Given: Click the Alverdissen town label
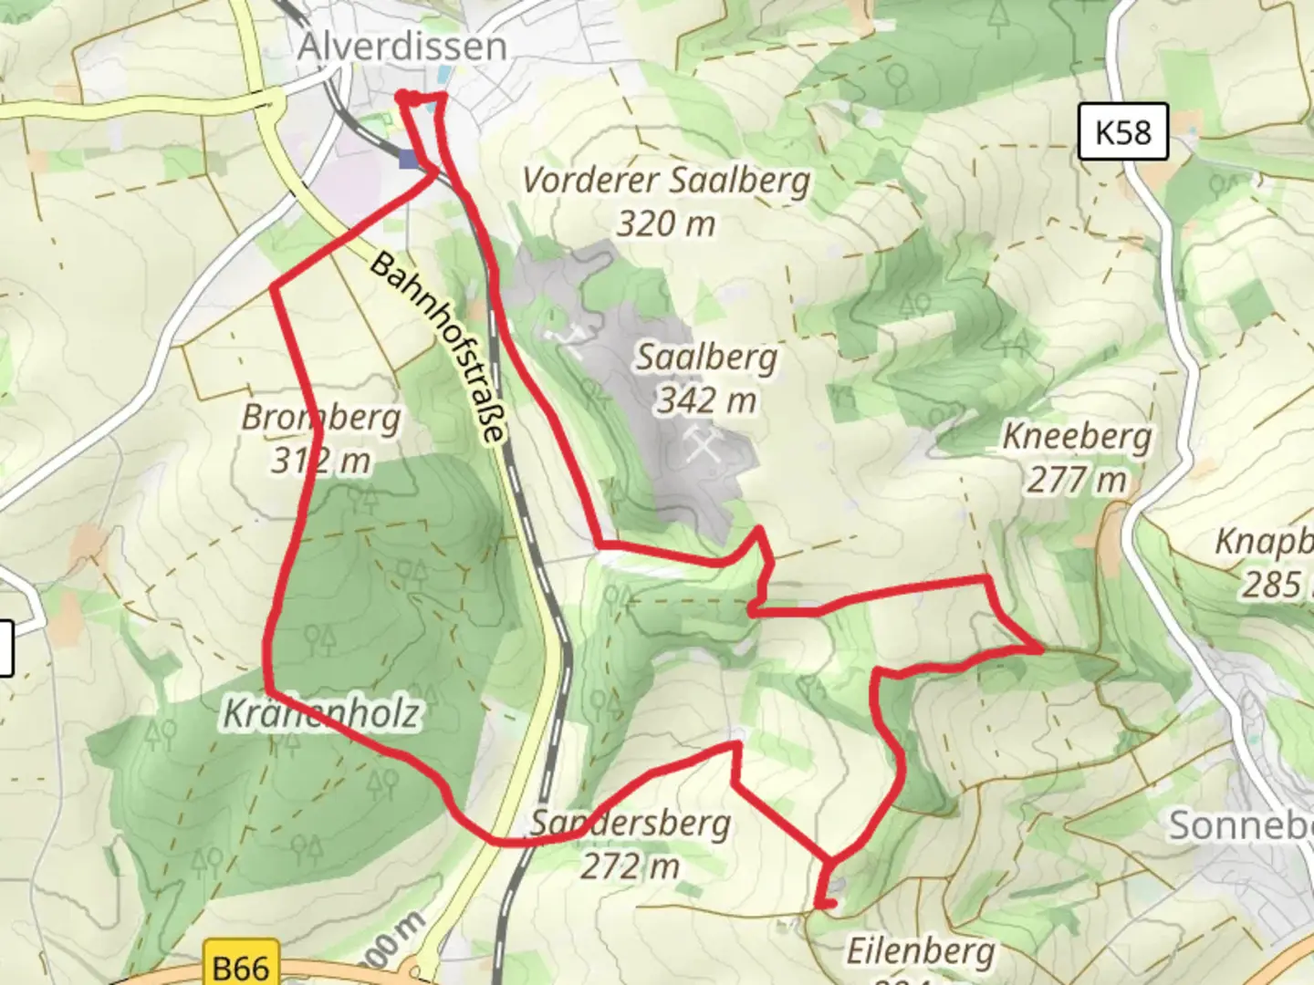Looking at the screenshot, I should (x=401, y=46).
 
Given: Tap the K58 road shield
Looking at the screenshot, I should (x=1122, y=132).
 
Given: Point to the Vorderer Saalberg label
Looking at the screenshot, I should (x=666, y=180).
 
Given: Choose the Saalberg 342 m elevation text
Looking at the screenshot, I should (x=707, y=399).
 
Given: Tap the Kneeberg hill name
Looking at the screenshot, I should (x=1077, y=436).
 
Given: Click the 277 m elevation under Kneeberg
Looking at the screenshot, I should (x=1077, y=480).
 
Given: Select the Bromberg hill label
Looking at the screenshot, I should (x=321, y=418).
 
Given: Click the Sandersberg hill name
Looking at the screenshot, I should (x=631, y=824).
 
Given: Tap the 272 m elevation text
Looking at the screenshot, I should (x=631, y=866).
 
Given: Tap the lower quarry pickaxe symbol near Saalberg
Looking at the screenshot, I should (x=704, y=446).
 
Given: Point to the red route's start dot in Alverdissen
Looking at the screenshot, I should (x=402, y=96).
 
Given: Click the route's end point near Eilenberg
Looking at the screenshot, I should (x=829, y=904).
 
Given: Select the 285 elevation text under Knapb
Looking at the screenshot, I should (x=1273, y=585).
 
